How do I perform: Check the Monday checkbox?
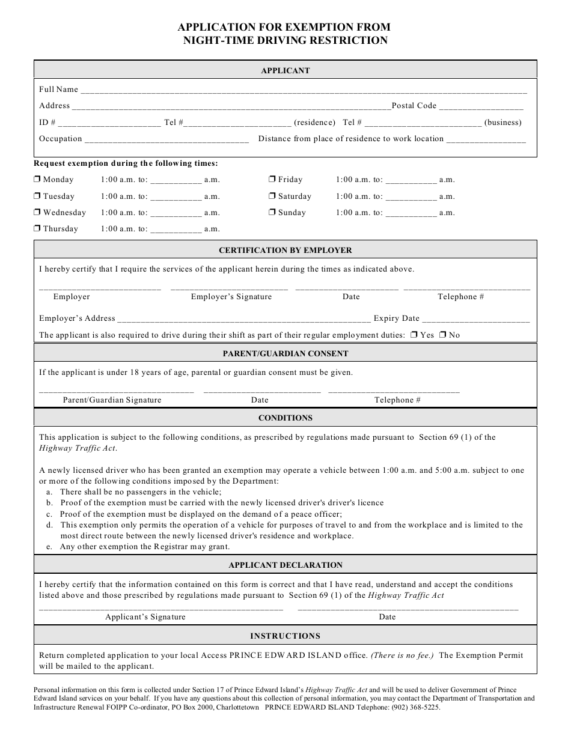pyautogui.click(x=37, y=180)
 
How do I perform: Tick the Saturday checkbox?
pyautogui.click(x=272, y=196)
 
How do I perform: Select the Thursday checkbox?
pyautogui.click(x=37, y=229)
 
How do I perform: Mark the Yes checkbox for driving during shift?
pyautogui.click(x=414, y=335)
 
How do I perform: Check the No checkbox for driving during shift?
pyautogui.click(x=442, y=335)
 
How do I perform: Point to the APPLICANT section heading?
pyautogui.click(x=285, y=70)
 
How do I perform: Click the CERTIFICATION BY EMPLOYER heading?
pyautogui.click(x=285, y=250)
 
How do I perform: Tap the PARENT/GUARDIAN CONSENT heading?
pyautogui.click(x=285, y=353)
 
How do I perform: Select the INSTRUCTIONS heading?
pyautogui.click(x=285, y=636)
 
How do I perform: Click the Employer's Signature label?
pyautogui.click(x=231, y=297)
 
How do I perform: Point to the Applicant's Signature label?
pyautogui.click(x=145, y=617)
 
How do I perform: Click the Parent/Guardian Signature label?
pyautogui.click(x=112, y=400)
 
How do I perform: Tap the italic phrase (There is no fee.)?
pyautogui.click(x=402, y=655)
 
